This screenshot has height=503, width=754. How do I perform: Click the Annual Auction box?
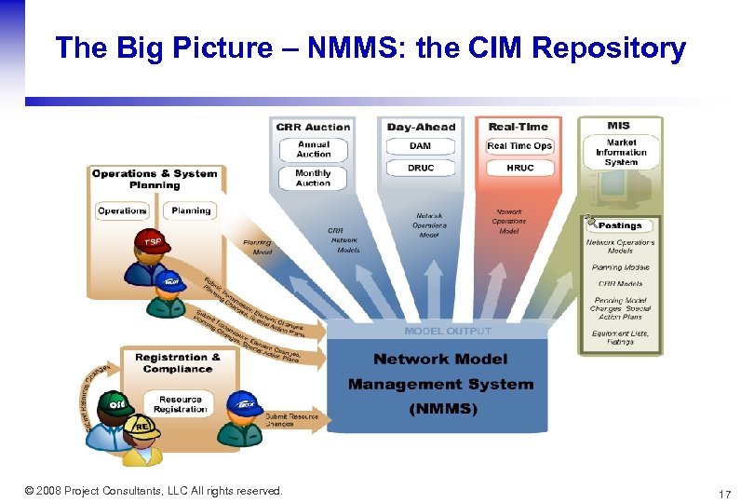[x=313, y=149]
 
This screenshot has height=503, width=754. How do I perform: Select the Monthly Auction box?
[x=313, y=178]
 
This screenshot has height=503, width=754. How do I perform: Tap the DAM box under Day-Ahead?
[x=420, y=146]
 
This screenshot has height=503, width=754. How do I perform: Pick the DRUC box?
[x=420, y=168]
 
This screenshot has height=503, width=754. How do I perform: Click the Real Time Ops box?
[x=519, y=146]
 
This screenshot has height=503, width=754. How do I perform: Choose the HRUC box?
[x=519, y=168]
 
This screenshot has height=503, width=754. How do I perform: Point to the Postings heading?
[x=620, y=225]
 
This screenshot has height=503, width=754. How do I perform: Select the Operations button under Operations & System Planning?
[x=123, y=211]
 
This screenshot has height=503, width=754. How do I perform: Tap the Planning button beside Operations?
[x=191, y=211]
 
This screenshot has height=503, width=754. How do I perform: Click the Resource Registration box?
[x=180, y=404]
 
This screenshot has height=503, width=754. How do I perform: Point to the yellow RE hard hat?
[x=142, y=428]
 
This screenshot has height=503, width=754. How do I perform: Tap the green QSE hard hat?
[x=116, y=402]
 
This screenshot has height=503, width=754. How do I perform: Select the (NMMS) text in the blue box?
[x=440, y=408]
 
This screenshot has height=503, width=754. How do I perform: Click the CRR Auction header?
[x=313, y=127]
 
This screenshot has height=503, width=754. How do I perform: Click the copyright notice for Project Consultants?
[x=154, y=491]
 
